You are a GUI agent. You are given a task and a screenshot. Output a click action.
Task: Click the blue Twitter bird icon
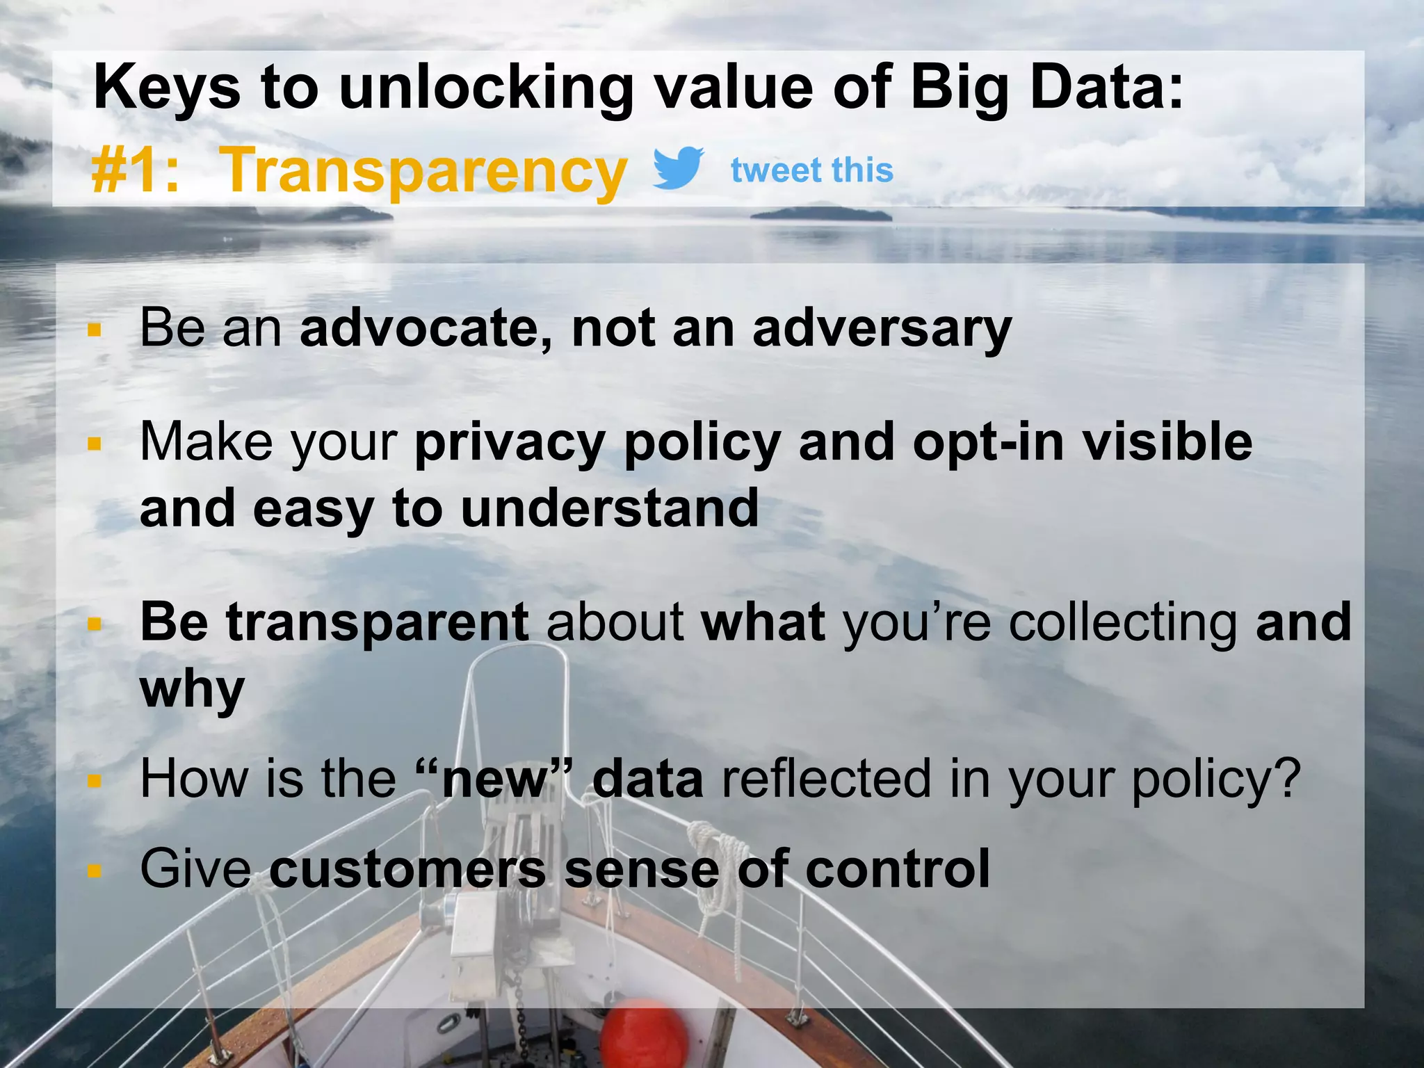pyautogui.click(x=678, y=168)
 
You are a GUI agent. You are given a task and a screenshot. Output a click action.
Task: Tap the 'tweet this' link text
pyautogui.click(x=811, y=170)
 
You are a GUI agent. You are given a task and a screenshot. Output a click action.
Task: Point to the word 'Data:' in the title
pyautogui.click(x=1107, y=88)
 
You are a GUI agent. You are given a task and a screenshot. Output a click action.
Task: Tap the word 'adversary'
pyautogui.click(x=882, y=328)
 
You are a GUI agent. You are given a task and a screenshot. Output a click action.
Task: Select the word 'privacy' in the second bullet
pyautogui.click(x=510, y=443)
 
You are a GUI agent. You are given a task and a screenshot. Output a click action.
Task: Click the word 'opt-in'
pyautogui.click(x=987, y=443)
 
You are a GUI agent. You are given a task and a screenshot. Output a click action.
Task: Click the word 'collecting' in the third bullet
pyautogui.click(x=1122, y=622)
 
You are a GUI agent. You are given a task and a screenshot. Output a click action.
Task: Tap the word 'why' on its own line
pyautogui.click(x=192, y=690)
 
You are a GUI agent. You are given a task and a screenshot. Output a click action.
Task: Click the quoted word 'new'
pyautogui.click(x=495, y=779)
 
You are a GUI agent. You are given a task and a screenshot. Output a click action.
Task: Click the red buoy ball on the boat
pyautogui.click(x=644, y=1036)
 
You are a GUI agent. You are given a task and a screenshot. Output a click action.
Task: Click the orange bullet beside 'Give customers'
pyautogui.click(x=95, y=871)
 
